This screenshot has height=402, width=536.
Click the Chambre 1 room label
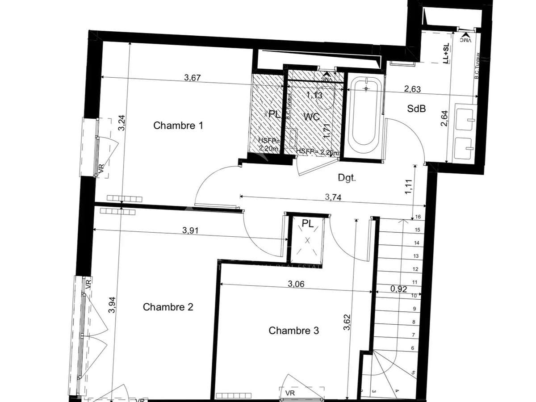(x=178, y=126)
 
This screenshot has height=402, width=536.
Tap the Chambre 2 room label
(x=168, y=307)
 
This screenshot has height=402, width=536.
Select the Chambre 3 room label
(x=293, y=331)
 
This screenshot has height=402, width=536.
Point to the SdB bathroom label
(x=416, y=109)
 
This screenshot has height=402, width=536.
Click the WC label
(x=311, y=117)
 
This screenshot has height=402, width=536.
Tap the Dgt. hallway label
(x=347, y=178)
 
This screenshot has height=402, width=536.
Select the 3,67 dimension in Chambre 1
(x=193, y=78)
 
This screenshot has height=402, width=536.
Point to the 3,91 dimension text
(x=191, y=231)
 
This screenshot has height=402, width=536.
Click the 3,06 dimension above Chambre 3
(x=296, y=284)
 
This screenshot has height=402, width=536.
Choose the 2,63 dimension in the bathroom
(x=412, y=89)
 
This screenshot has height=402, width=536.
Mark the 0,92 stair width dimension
(x=398, y=289)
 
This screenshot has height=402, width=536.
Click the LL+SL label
(x=445, y=54)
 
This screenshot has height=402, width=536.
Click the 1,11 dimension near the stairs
(x=408, y=186)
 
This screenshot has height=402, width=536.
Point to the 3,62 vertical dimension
(x=347, y=323)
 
